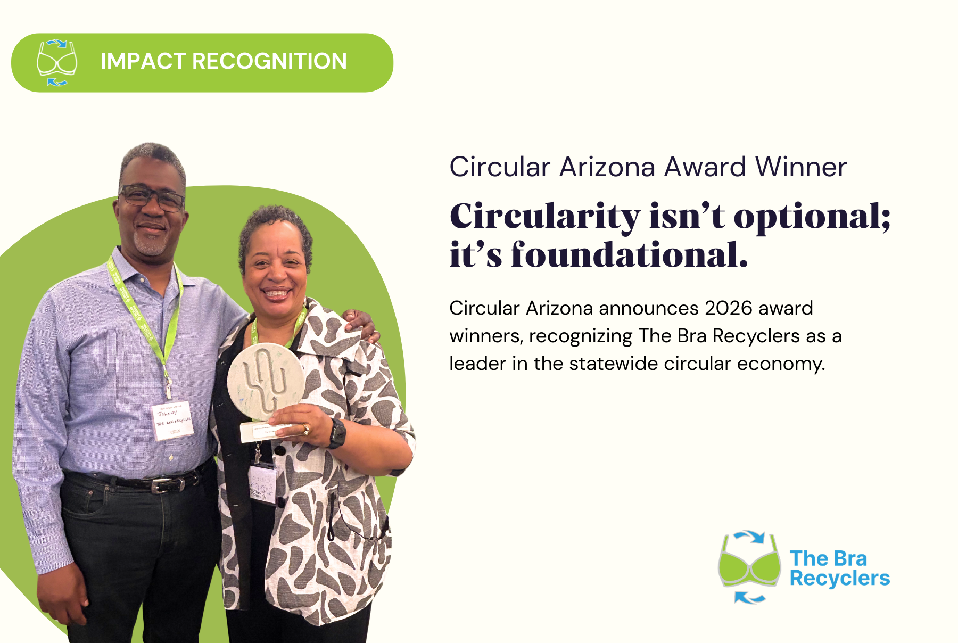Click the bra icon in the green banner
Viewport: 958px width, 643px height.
tap(56, 63)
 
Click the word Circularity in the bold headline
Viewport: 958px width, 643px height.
tap(544, 217)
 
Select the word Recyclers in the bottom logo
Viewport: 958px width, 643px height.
tap(839, 579)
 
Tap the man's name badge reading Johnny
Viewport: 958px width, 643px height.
tap(172, 420)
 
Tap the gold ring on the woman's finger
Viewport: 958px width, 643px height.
tap(307, 428)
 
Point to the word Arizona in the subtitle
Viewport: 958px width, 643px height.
tap(607, 167)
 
